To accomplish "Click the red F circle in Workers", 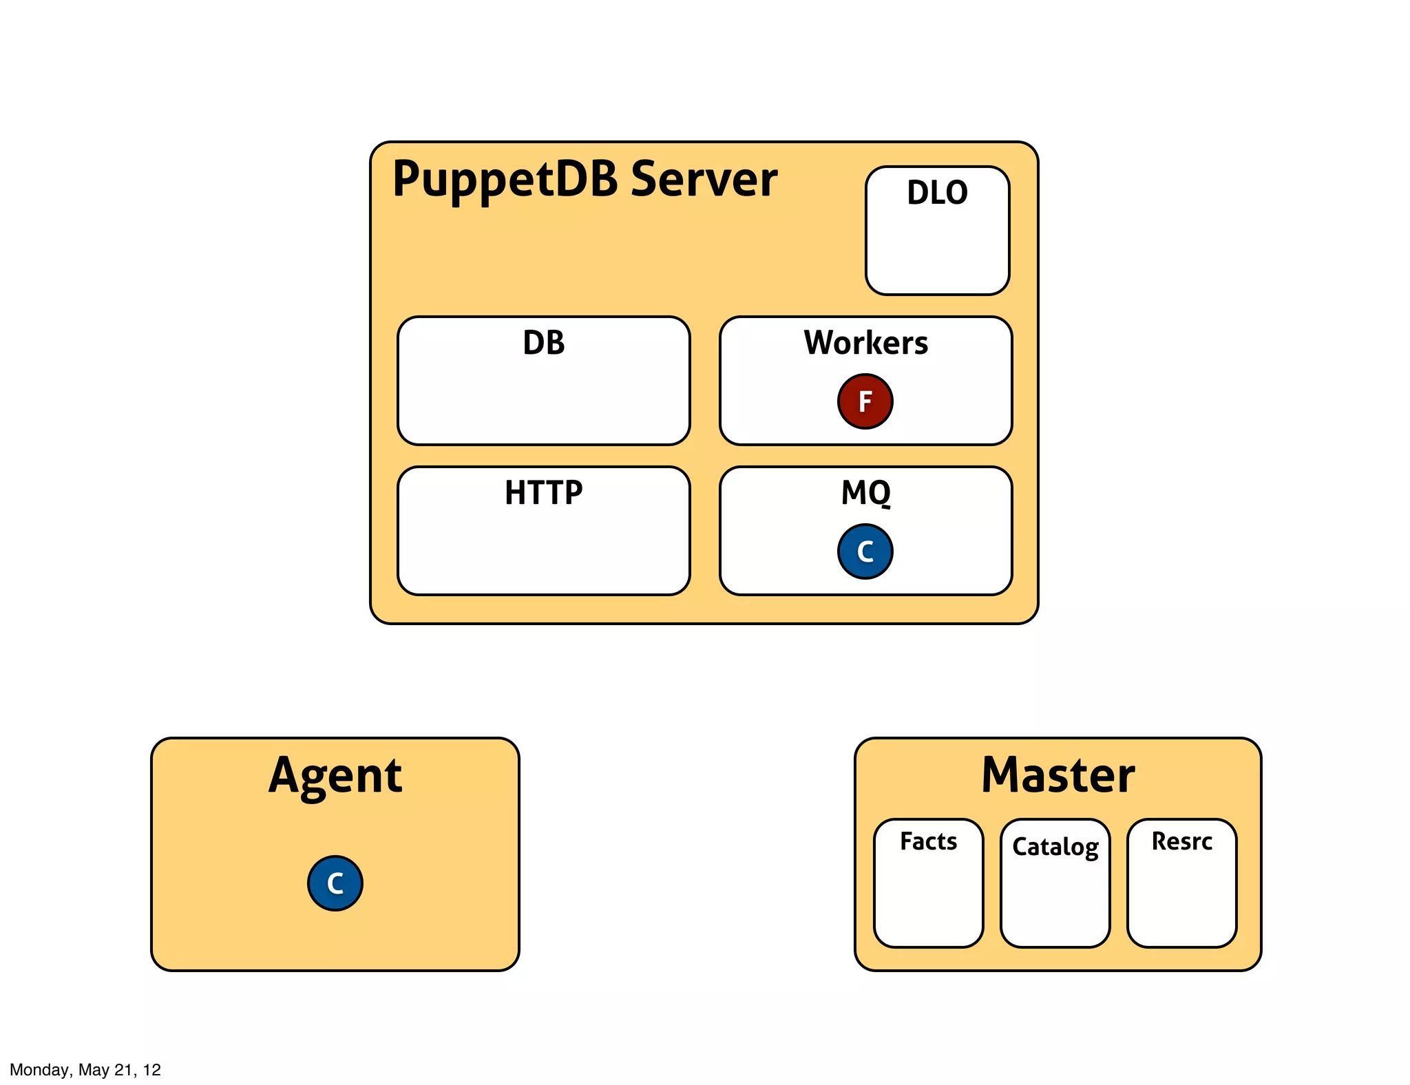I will [x=865, y=401].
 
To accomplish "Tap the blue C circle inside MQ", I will [x=865, y=551].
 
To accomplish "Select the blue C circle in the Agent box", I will [x=335, y=883].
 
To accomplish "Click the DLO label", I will [x=937, y=193].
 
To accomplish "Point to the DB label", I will [x=543, y=343].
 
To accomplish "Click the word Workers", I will [x=865, y=343].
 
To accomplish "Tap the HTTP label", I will [x=543, y=493].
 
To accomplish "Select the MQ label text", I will [x=865, y=493].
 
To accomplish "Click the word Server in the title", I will [x=704, y=179].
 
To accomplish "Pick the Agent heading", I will [x=335, y=776].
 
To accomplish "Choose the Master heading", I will [x=1057, y=776].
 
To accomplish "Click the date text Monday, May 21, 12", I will [x=85, y=1069].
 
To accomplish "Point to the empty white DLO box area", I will [x=937, y=251].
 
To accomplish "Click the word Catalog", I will [x=1055, y=847].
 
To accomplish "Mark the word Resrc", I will [x=1181, y=841].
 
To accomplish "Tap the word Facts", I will [x=928, y=841].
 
